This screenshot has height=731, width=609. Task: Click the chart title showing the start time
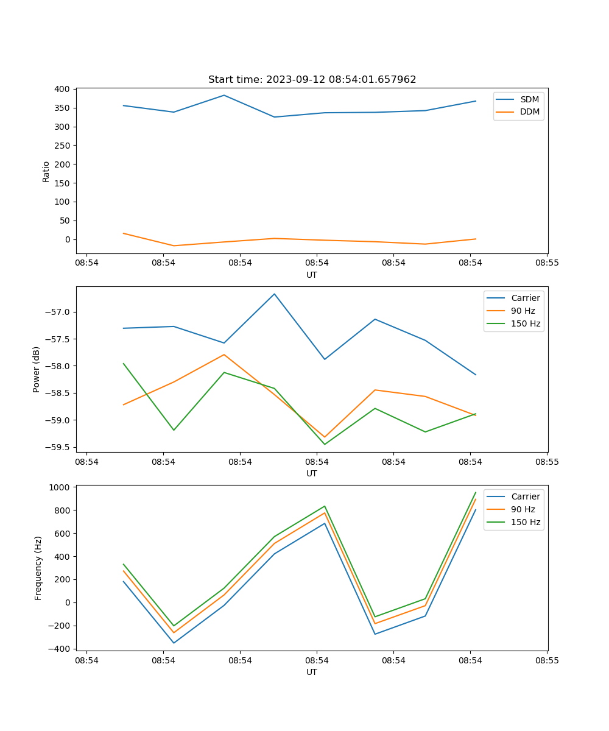click(x=312, y=80)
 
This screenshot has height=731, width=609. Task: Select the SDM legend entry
click(x=529, y=99)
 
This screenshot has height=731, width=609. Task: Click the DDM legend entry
click(x=529, y=111)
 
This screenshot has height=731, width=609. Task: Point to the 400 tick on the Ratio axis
click(x=63, y=89)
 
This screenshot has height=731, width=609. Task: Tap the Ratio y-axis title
click(x=46, y=171)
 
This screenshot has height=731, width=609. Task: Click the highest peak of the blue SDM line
click(x=224, y=95)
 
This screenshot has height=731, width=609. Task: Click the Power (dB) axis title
click(x=37, y=369)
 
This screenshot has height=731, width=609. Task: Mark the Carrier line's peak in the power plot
click(x=274, y=294)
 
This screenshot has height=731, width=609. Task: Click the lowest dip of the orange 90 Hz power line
click(x=325, y=437)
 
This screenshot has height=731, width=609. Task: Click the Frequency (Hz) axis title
click(x=38, y=568)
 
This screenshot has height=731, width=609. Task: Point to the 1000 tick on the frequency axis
click(x=60, y=487)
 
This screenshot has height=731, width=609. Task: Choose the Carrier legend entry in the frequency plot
click(x=525, y=496)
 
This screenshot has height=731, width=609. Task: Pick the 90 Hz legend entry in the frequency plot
click(x=523, y=509)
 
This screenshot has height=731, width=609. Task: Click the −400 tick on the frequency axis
click(x=60, y=649)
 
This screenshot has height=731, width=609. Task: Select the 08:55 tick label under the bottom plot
click(x=547, y=660)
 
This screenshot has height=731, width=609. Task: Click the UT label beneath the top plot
click(x=312, y=275)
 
